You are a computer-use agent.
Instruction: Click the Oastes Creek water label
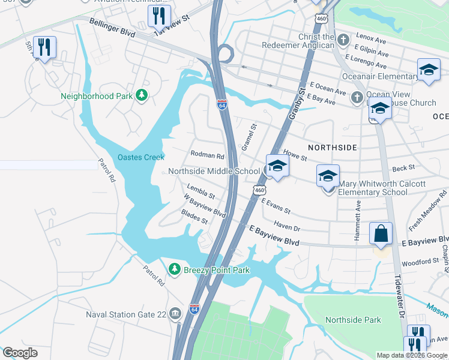140,157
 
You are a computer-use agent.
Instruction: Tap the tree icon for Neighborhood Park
142,95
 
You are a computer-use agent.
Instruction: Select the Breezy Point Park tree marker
175,270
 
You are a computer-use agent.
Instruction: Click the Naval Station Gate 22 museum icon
175,313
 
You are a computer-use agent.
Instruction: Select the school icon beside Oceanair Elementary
429,70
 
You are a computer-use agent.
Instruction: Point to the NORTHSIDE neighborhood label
333,147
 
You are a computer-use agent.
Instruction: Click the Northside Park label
353,320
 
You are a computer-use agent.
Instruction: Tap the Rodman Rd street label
207,155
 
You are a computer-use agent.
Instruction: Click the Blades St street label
194,217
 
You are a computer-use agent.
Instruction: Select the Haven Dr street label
286,226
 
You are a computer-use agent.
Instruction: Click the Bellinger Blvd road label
113,26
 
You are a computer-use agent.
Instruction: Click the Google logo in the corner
20,353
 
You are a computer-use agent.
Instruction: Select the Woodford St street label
420,262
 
